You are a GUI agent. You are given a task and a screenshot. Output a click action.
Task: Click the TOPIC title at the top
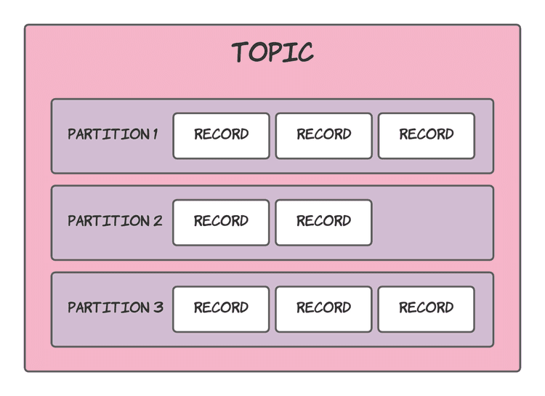(272, 52)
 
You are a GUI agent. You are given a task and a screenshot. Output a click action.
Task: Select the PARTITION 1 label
(113, 134)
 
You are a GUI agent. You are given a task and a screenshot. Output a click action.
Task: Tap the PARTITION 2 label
(115, 221)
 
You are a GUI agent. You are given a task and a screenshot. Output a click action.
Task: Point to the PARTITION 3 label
(115, 307)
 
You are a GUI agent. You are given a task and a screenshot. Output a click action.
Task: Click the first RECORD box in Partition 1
(221, 135)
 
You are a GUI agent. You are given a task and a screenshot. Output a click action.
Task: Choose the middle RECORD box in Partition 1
(323, 135)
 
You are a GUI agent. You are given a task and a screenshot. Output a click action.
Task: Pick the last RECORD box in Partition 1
(426, 135)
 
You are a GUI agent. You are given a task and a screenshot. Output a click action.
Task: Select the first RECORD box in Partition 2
(221, 222)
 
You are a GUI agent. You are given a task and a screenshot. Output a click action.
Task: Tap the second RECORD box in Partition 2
(323, 222)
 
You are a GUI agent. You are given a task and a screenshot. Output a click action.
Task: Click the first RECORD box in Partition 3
(221, 309)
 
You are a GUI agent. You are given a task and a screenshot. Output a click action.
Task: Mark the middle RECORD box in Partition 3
(323, 309)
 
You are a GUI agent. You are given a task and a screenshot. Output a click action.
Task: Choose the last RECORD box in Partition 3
(426, 309)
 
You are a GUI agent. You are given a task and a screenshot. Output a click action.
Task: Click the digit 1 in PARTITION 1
(155, 134)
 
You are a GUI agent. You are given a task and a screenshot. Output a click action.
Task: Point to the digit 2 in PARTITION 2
(158, 221)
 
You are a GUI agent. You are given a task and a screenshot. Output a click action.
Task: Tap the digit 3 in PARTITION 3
(158, 307)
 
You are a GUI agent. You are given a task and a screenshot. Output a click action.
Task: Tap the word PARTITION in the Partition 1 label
(108, 134)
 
